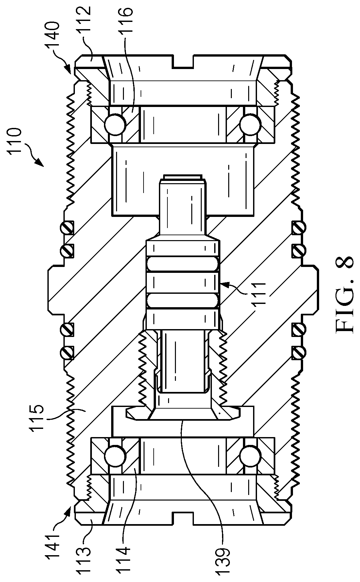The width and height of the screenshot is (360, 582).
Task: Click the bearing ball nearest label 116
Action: [x=115, y=124]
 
